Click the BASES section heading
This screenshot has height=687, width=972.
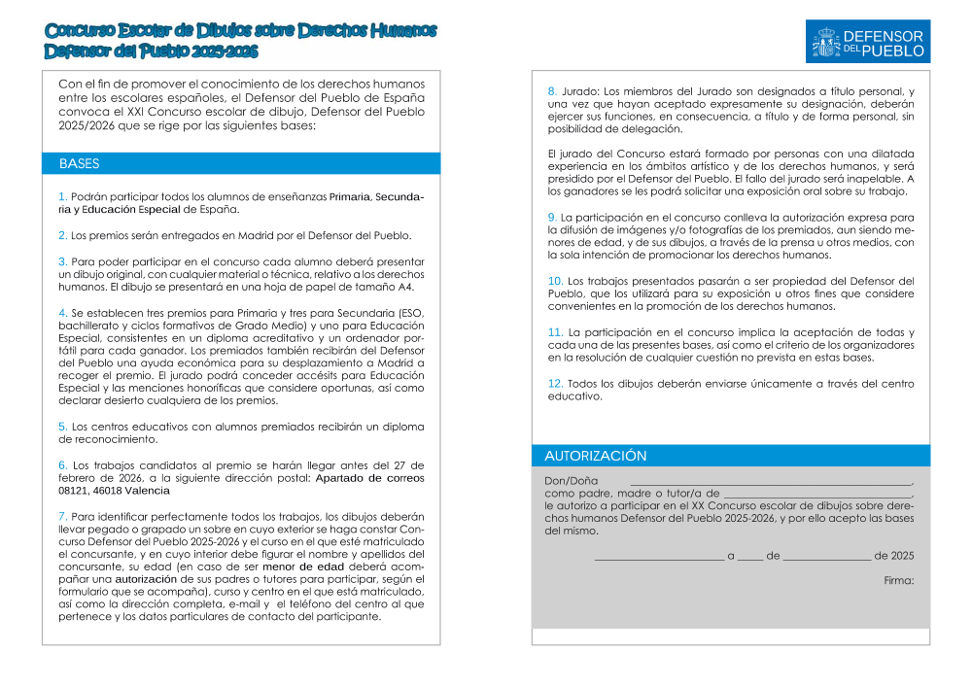[x=79, y=164]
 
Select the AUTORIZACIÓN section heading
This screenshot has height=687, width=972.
[x=595, y=456]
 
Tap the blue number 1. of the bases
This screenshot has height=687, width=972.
[x=63, y=196]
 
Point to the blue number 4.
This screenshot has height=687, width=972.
[x=63, y=313]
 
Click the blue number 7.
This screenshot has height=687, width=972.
[x=63, y=516]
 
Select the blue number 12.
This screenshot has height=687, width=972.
[x=556, y=384]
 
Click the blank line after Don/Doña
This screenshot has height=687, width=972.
[x=771, y=482]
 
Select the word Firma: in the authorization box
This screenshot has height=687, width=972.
[x=899, y=580]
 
